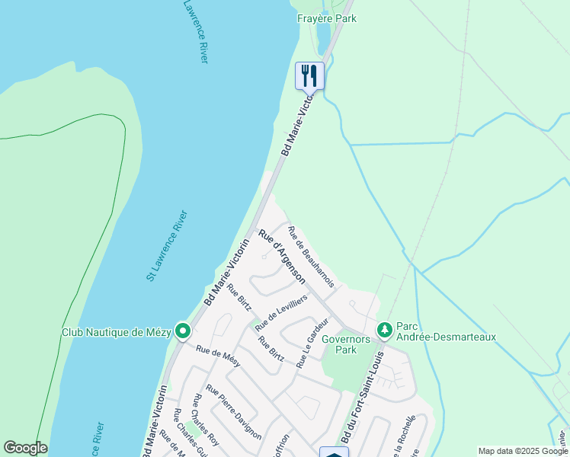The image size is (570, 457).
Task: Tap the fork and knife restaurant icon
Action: [x=309, y=75]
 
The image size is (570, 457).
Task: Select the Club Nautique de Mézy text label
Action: [x=117, y=332]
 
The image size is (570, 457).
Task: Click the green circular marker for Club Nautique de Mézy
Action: [x=182, y=331]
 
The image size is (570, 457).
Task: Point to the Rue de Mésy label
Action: [x=218, y=356]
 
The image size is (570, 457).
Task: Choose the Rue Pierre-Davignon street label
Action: [x=234, y=411]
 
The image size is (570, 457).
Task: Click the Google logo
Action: [x=25, y=448]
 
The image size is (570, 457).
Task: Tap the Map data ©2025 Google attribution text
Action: [x=523, y=451]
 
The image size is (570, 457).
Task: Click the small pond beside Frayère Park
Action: [x=323, y=35]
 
